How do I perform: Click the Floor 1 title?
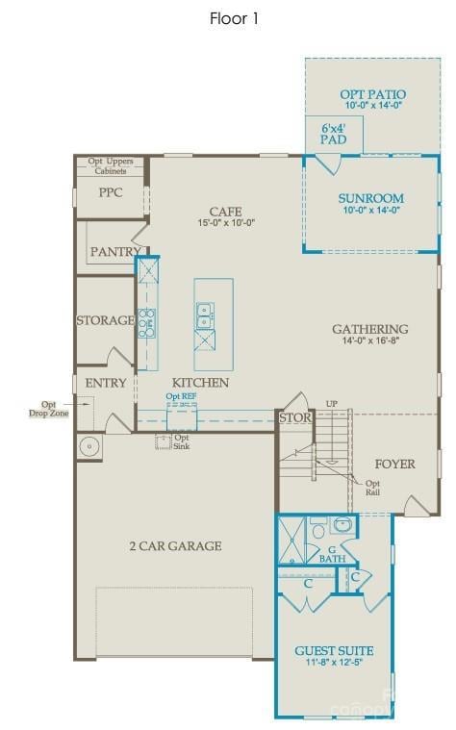click(x=234, y=18)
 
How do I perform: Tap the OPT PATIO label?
click(x=372, y=95)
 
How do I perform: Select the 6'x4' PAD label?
click(x=333, y=133)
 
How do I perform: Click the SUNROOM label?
click(x=370, y=199)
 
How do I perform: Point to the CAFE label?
click(x=225, y=212)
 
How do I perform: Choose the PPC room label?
click(x=111, y=191)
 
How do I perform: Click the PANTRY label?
click(x=116, y=252)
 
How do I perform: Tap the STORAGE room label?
click(x=105, y=320)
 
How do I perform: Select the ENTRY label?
click(x=106, y=383)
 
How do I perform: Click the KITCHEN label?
click(x=200, y=383)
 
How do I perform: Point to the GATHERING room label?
click(x=370, y=329)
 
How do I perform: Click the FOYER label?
click(x=394, y=465)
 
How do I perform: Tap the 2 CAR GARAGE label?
click(x=175, y=546)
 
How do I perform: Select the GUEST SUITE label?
click(x=334, y=651)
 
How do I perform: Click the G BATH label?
click(x=332, y=553)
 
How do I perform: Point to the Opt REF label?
click(x=181, y=396)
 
